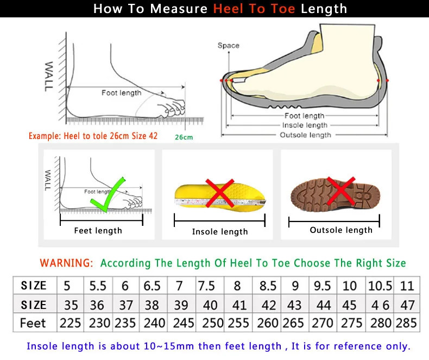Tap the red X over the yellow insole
tap(220, 194)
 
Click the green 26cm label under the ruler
tap(184, 137)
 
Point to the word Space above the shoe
tap(228, 46)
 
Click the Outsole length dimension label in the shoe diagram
tap(305, 135)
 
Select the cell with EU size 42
tap(268, 304)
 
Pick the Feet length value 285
tap(407, 323)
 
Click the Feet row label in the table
tap(33, 323)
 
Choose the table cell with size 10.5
tap(380, 286)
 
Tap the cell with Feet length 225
tap(70, 323)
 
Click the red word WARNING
tap(66, 263)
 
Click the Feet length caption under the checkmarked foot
tap(98, 231)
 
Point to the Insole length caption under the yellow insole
tap(220, 232)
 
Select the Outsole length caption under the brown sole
tap(341, 230)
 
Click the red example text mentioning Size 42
tap(93, 136)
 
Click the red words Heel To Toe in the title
tap(254, 9)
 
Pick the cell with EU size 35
tap(70, 304)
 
